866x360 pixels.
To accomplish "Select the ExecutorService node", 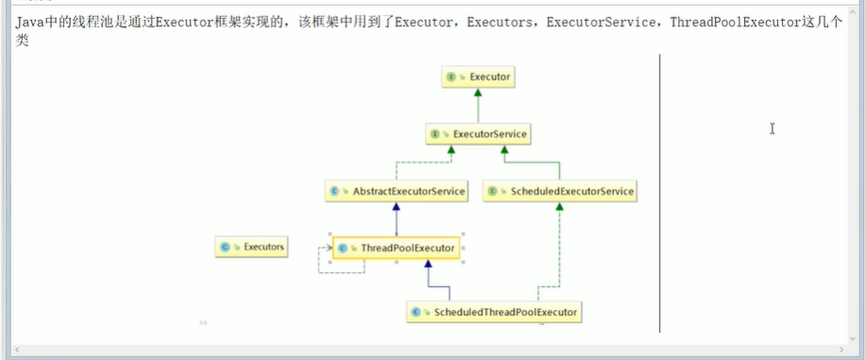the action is coord(478,135).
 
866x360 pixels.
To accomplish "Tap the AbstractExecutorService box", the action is coord(397,192).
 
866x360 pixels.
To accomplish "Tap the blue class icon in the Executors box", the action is coord(225,248).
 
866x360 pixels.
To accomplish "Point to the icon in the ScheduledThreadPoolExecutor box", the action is coord(416,311).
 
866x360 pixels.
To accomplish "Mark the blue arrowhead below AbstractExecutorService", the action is coord(397,207).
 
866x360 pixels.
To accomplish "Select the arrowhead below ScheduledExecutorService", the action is coord(560,207).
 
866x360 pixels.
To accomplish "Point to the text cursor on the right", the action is coord(773,129).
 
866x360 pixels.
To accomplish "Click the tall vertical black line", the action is coord(659,189).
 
